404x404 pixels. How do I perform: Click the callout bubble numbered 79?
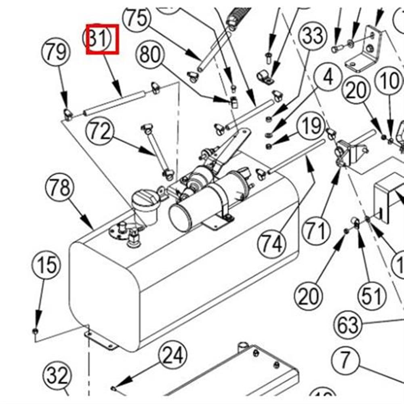point(56,52)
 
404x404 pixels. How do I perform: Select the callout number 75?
point(137,19)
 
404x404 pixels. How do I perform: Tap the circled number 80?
point(150,54)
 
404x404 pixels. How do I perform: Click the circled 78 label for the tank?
point(60,188)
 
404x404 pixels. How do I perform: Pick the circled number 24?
point(173,356)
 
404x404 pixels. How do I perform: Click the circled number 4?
point(328,77)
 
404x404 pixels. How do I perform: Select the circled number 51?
point(371,296)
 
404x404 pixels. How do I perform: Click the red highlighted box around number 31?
point(102,39)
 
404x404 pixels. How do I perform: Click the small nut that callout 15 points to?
point(35,332)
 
